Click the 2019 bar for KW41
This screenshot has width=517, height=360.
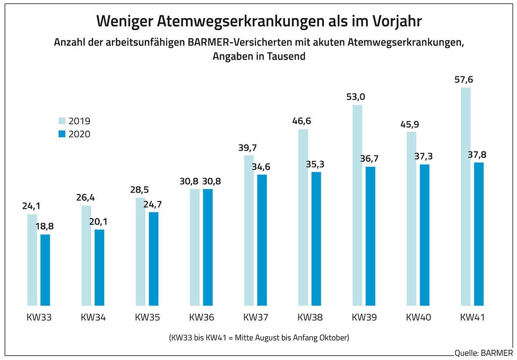pyautogui.click(x=466, y=196)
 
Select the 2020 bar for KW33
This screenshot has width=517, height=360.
pyautogui.click(x=45, y=270)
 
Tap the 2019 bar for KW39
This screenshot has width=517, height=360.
pyautogui.click(x=357, y=205)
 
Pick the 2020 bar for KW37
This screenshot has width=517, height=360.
pyautogui.click(x=262, y=240)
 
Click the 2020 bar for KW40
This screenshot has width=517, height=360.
pyautogui.click(x=425, y=235)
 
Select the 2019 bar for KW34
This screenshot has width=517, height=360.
pyautogui.click(x=86, y=255)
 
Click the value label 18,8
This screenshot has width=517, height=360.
pyautogui.click(x=45, y=226)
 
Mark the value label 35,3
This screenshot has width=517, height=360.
pyautogui.click(x=316, y=164)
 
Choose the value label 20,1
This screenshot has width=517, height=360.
pyautogui.click(x=99, y=222)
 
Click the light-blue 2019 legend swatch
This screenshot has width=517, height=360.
pyautogui.click(x=61, y=121)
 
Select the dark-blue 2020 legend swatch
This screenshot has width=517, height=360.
pyautogui.click(x=61, y=134)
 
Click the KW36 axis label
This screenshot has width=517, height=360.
pyautogui.click(x=202, y=318)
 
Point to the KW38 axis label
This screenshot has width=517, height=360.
pyautogui.click(x=310, y=318)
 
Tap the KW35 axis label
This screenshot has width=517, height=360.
pyautogui.click(x=147, y=318)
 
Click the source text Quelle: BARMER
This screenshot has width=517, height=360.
pyautogui.click(x=483, y=354)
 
